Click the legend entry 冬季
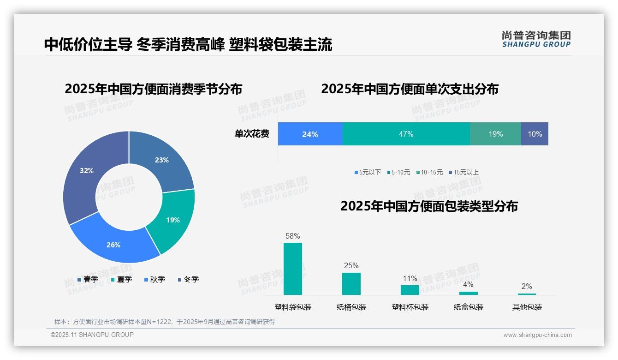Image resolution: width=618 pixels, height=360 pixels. tap(188, 279)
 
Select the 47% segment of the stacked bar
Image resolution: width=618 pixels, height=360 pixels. tap(406, 134)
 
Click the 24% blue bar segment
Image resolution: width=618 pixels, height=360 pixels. tap(310, 134)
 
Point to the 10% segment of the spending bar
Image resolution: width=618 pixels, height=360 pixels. tap(535, 134)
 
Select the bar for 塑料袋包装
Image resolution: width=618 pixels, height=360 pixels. tap(293, 269)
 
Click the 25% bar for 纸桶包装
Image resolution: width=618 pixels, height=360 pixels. tap(351, 283)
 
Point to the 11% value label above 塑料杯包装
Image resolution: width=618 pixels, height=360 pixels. tap(410, 278)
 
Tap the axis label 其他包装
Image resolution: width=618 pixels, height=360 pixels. tap(527, 307)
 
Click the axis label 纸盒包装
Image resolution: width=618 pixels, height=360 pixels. tap(469, 307)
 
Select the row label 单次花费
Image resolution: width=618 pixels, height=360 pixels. tap(252, 134)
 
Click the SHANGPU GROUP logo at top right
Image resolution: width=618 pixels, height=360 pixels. tap(536, 39)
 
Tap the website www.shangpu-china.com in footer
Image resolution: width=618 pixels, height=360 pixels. tap(537, 335)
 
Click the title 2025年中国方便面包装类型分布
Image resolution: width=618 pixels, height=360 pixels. tap(429, 206)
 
